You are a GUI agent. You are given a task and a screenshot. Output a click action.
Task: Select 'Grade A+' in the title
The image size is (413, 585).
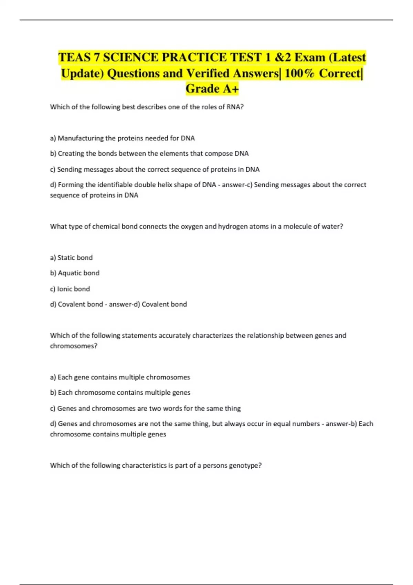(x=212, y=89)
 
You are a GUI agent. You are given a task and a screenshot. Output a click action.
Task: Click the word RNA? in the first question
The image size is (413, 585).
(x=235, y=107)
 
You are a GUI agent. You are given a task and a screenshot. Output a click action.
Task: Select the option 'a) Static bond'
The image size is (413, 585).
(x=71, y=258)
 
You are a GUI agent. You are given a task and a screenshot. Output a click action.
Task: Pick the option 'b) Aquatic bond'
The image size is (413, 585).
(x=75, y=273)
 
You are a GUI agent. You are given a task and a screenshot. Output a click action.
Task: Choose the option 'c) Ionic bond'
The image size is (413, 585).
(x=70, y=289)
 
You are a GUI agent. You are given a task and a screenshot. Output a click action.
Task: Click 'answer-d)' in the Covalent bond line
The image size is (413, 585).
(x=124, y=304)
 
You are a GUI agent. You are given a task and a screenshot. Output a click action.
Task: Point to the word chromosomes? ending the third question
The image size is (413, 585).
(x=74, y=346)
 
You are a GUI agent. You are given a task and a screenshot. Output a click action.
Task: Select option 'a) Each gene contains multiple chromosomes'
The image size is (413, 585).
(x=120, y=377)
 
